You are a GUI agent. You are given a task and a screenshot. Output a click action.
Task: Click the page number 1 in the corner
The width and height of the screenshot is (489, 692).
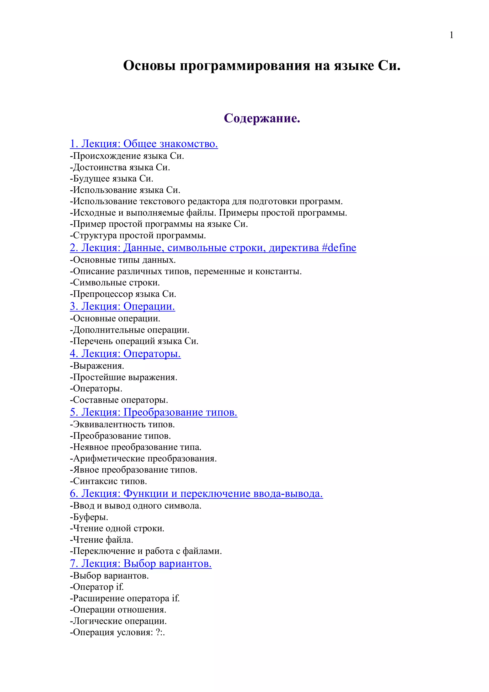[x=451, y=36]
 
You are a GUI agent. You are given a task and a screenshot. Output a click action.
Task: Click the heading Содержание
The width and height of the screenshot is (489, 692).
[x=262, y=118]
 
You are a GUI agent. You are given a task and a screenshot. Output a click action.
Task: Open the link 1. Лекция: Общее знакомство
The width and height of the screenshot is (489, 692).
[x=144, y=144]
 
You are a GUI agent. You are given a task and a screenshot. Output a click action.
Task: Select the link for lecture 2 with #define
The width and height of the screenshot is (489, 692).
[x=213, y=248]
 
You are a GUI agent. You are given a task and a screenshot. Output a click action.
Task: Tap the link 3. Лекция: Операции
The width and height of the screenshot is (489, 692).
[x=122, y=306]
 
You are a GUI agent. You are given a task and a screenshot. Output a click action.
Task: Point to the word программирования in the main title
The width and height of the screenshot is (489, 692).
[x=245, y=66]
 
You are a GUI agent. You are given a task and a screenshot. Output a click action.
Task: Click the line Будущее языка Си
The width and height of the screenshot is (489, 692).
[x=112, y=179]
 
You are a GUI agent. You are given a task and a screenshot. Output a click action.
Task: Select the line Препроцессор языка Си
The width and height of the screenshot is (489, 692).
[x=123, y=294]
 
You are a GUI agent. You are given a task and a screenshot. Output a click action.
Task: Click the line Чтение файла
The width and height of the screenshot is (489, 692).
[x=101, y=540]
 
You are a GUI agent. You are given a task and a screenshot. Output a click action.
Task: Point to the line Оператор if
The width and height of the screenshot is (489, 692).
[x=97, y=587]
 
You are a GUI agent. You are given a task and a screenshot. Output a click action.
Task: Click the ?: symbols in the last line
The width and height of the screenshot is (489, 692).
[x=159, y=632]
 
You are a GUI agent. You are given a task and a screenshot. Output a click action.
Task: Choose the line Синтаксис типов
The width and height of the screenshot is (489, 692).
[x=108, y=481]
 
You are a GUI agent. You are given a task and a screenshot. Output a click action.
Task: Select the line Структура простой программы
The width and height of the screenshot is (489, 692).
[x=138, y=235]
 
